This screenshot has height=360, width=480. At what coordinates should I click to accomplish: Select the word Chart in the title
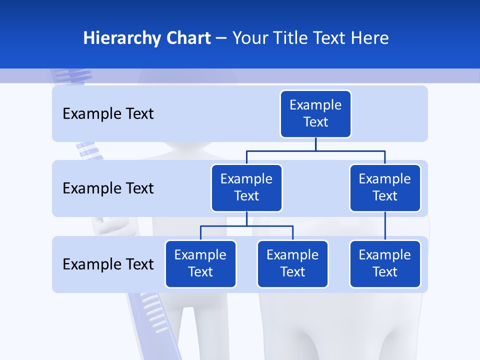tap(187, 38)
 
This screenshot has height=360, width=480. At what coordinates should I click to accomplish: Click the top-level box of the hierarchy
tap(315, 114)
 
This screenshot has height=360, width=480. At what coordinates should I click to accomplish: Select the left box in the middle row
tap(246, 188)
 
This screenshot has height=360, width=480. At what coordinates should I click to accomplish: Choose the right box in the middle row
tap(385, 188)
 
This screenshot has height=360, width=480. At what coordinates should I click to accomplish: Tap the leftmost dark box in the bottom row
tap(200, 264)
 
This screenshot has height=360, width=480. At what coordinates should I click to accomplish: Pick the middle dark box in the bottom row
tap(292, 264)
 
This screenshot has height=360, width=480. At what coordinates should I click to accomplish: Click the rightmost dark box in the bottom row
tap(385, 264)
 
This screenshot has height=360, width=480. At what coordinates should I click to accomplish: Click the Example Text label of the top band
tap(108, 114)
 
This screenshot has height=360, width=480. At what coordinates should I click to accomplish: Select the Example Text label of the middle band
tap(108, 188)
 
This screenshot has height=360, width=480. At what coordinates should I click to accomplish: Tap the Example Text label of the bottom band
tap(108, 264)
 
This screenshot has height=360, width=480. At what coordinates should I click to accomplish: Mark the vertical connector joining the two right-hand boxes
tap(385, 226)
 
